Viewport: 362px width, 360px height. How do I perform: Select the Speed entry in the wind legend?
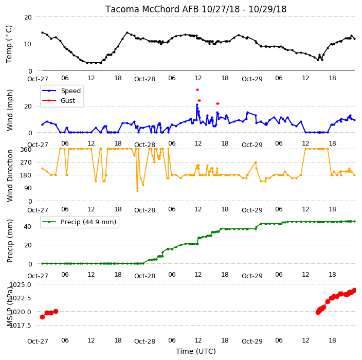[x=61, y=91]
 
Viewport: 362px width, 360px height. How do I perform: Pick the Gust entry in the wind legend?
[x=59, y=100]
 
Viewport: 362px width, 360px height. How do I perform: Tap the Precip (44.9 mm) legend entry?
[x=79, y=222]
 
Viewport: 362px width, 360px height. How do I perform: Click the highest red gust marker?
[x=197, y=90]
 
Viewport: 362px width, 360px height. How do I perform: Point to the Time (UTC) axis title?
[x=196, y=351]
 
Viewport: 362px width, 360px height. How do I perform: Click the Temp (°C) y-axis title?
[x=9, y=44]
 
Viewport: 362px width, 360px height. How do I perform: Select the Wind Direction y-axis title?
[x=10, y=176]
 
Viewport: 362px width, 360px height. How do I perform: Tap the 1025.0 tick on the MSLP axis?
[x=21, y=284]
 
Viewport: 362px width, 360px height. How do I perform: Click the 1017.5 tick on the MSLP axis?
[x=21, y=326]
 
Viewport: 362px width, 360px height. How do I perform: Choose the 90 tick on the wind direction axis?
[x=28, y=188]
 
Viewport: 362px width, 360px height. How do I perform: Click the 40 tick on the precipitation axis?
[x=28, y=226]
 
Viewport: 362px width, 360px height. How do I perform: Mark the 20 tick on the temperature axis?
[x=28, y=17]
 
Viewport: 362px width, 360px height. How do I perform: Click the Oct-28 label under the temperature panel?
[x=145, y=79]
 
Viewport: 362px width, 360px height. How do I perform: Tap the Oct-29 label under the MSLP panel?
[x=252, y=341]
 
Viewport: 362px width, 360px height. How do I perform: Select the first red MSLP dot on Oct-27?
[x=42, y=317]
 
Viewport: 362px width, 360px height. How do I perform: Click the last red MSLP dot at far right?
[x=355, y=290]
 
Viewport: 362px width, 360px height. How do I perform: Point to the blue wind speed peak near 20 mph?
[x=197, y=105]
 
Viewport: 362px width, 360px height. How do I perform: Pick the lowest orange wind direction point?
[x=138, y=191]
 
